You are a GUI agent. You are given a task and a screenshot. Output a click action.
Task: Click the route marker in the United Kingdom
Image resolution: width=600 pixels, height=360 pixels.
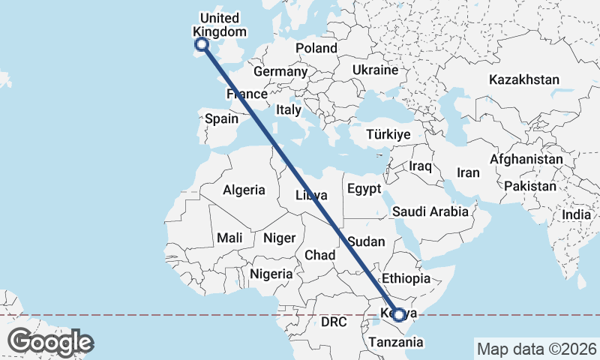[201, 45]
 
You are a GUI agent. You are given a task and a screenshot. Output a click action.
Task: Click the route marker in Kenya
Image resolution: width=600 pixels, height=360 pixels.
[399, 315]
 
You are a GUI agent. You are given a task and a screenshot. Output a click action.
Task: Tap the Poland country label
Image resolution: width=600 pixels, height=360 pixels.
[316, 48]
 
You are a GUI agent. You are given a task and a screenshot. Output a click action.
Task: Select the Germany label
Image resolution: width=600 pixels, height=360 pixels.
[280, 72]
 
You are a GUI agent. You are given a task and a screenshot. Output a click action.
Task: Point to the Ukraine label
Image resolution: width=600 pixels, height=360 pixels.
[375, 70]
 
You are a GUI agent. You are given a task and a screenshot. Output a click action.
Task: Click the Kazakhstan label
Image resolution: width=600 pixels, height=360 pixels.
[524, 79]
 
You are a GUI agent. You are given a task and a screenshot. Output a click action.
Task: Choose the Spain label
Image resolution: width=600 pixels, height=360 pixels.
[221, 118]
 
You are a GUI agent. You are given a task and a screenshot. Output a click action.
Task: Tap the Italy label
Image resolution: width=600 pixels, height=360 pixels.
[289, 109]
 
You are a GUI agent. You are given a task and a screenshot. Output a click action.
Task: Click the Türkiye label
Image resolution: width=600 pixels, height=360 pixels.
[388, 135]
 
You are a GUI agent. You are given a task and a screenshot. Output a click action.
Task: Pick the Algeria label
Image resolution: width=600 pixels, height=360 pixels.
[244, 190]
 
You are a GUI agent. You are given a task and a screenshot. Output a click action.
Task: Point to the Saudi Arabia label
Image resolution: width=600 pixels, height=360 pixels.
[430, 212]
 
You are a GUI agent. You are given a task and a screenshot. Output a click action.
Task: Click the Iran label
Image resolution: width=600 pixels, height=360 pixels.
[468, 172]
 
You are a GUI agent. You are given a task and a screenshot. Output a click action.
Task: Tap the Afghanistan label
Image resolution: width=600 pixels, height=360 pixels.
[526, 160]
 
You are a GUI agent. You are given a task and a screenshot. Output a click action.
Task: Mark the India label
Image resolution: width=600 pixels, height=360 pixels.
[576, 214]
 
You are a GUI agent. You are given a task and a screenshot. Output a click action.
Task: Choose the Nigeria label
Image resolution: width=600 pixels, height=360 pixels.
[271, 274]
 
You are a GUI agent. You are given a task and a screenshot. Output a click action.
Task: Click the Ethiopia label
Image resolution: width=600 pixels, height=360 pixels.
[406, 277]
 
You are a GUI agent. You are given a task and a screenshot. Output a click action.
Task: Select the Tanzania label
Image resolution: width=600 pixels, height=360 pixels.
[396, 342]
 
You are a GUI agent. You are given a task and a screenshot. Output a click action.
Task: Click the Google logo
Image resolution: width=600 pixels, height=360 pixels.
[50, 342]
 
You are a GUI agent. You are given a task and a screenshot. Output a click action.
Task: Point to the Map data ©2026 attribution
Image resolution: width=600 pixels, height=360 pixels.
[536, 349]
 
